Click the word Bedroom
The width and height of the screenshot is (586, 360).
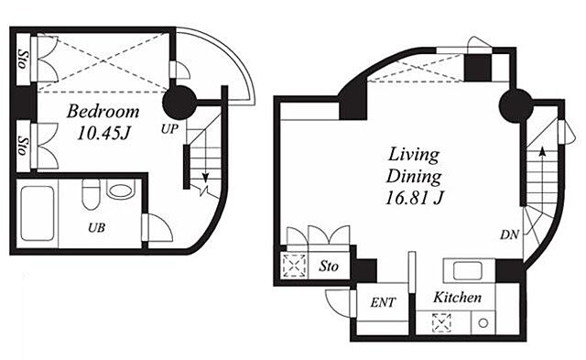click(103, 112)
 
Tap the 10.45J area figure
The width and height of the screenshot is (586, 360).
click(103, 133)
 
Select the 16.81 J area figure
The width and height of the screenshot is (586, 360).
click(413, 197)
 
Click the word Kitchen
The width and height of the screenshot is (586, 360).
click(457, 297)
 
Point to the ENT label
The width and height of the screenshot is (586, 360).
click(383, 302)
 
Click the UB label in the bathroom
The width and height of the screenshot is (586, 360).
click(96, 227)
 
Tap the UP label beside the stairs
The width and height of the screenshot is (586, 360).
click(169, 129)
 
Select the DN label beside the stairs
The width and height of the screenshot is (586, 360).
click(510, 235)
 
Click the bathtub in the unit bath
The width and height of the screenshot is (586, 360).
click(37, 213)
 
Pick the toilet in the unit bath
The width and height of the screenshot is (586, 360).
click(91, 193)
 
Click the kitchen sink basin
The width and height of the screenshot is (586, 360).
click(467, 270)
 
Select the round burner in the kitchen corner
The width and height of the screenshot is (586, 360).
click(483, 322)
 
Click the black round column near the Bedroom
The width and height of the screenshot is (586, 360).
click(179, 102)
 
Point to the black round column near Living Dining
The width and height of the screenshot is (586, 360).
click(516, 105)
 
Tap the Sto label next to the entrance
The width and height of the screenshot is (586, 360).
click(329, 266)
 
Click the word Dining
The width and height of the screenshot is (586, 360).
click(414, 177)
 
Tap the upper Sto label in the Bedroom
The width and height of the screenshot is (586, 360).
click(23, 59)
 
